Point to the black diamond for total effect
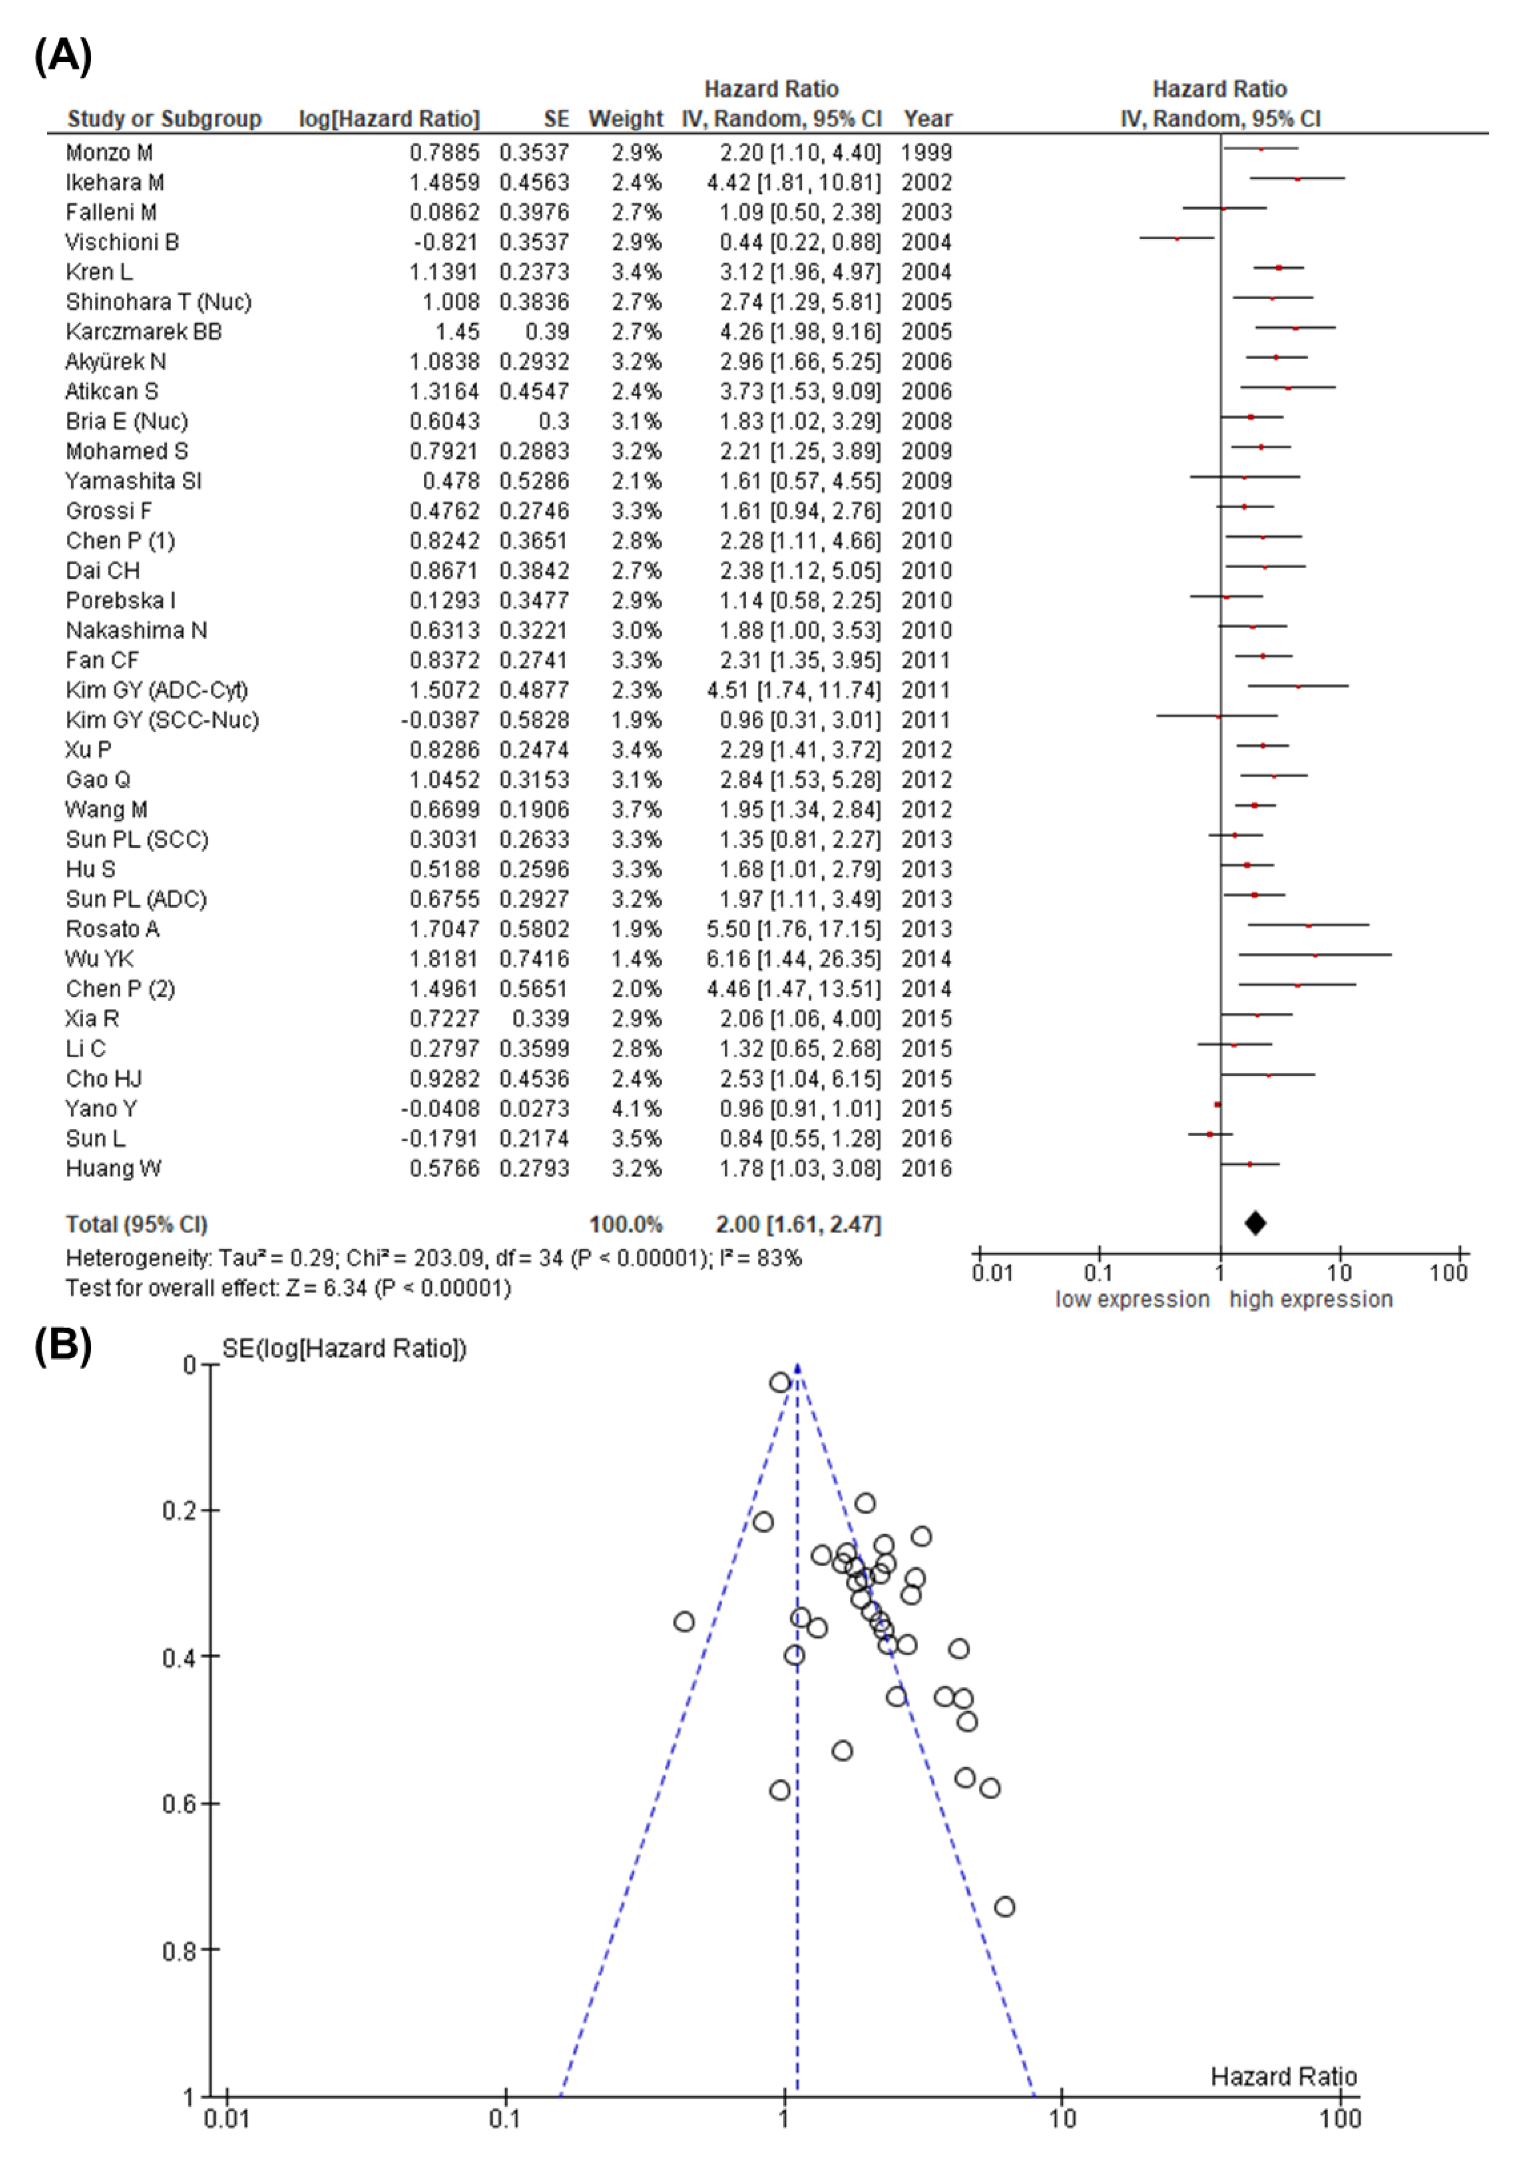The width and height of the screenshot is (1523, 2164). [1254, 1223]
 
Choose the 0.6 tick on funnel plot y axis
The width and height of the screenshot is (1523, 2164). [179, 1803]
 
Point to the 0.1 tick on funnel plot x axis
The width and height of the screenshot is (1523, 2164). [505, 2119]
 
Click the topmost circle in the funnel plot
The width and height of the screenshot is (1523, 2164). [779, 1383]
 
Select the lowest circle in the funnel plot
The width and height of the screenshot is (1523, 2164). [1005, 1907]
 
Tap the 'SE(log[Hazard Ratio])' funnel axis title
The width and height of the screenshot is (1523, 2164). [344, 1349]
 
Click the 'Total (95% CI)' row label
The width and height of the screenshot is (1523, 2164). [136, 1224]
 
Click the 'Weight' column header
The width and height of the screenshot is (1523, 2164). [626, 119]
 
